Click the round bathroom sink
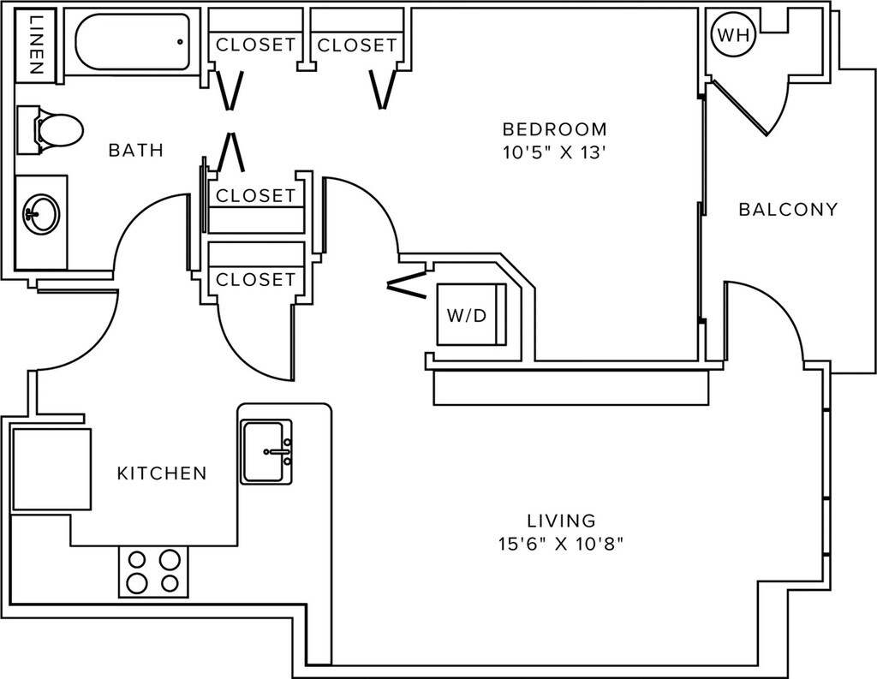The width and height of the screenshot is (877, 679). coord(41,212)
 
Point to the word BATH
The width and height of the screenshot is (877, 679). coord(135,151)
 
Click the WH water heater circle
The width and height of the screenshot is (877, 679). coord(732,35)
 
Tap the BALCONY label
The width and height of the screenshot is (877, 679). coord(788,209)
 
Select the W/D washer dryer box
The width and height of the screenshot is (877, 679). coord(468,314)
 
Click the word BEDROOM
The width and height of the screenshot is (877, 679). coord(554,130)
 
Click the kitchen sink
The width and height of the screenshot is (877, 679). coord(265,451)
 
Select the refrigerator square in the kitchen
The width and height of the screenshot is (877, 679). coord(51,469)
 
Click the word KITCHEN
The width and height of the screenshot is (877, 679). coord(162,473)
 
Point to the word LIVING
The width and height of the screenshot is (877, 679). coord(561,520)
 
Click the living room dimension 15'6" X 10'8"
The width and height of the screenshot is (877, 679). coord(561,544)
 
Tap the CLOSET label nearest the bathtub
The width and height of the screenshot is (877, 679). coord(255,45)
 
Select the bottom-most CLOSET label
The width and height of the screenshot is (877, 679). coord(255,279)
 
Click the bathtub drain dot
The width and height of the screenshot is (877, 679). coord(180,40)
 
